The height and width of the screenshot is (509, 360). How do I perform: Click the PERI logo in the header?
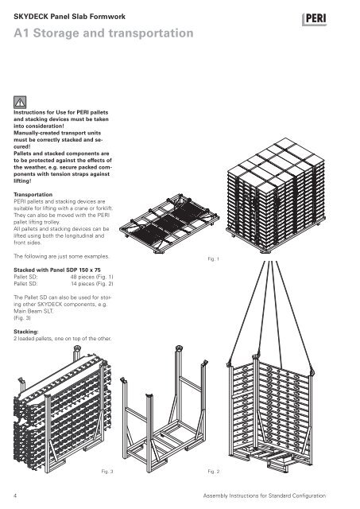[x=314, y=19]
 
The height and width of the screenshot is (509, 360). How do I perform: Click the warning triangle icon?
[x=20, y=103]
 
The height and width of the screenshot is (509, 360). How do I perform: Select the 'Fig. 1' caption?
[x=214, y=259]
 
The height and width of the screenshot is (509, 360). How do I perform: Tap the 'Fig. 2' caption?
[x=214, y=472]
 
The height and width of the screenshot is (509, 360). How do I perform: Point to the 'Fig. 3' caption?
[x=107, y=472]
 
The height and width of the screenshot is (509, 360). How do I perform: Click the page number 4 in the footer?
[x=15, y=495]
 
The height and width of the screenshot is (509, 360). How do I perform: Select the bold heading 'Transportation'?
[x=33, y=194]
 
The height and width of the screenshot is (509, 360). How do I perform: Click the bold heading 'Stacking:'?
[x=26, y=332]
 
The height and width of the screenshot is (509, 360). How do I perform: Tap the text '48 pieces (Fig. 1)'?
[x=91, y=277]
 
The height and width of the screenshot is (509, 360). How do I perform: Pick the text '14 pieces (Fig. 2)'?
[x=92, y=284]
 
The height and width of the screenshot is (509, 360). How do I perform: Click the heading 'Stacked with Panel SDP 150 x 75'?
[x=57, y=270]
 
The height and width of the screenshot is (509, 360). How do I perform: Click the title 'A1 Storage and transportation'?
[x=103, y=33]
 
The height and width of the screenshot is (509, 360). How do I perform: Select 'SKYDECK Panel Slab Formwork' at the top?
[x=69, y=17]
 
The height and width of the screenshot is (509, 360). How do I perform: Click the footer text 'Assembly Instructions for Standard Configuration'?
[x=265, y=495]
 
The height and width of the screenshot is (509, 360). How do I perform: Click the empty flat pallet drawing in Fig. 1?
[x=169, y=223]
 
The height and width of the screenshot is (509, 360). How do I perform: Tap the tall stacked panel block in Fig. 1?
[x=276, y=195]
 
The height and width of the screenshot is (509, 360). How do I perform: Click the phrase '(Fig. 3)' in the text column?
[x=22, y=318]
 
